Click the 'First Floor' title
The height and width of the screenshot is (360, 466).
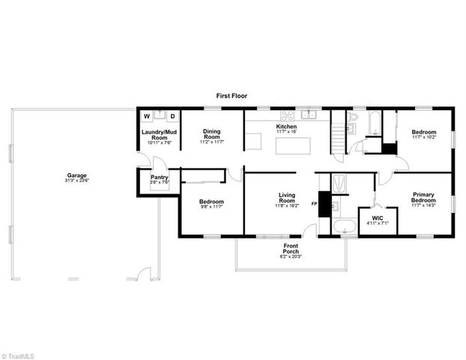click(x=232, y=96)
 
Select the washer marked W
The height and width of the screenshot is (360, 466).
click(x=147, y=116)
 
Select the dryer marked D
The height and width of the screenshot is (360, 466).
click(x=171, y=116)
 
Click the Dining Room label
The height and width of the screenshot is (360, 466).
click(x=212, y=135)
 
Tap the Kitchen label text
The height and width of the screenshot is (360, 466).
click(x=287, y=127)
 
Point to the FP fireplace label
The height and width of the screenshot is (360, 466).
click(x=314, y=204)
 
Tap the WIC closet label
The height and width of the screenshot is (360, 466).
click(x=373, y=218)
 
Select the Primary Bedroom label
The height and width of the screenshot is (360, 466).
click(x=423, y=198)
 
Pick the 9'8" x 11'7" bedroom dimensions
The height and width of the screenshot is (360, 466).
click(x=209, y=206)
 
